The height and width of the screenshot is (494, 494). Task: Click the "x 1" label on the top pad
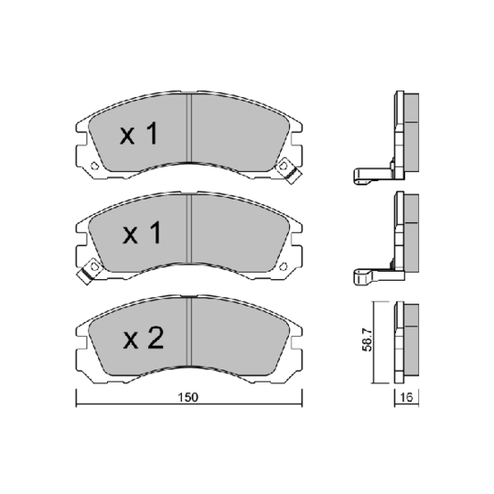(x=140, y=136)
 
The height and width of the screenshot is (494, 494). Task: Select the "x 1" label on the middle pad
(x=141, y=235)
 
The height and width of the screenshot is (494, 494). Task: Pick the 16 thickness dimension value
(x=405, y=397)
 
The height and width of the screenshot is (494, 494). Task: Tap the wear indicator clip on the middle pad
(x=90, y=269)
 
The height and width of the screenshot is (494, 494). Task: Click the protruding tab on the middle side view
(x=365, y=272)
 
